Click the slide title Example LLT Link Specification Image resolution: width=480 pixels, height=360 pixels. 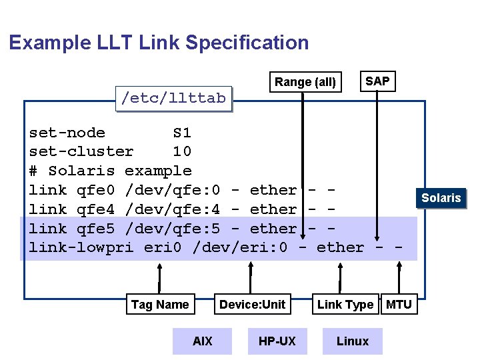pyautogui.click(x=159, y=43)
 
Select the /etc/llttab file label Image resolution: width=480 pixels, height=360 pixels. pyautogui.click(x=173, y=99)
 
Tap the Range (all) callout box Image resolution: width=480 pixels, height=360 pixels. pyautogui.click(x=305, y=82)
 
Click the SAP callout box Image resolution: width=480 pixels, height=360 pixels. pyautogui.click(x=377, y=81)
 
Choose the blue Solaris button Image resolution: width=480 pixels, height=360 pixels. pyautogui.click(x=441, y=198)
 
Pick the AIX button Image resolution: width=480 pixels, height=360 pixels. pyautogui.click(x=202, y=341)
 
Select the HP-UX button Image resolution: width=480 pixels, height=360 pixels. pyautogui.click(x=277, y=341)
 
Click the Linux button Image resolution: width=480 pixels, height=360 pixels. pyautogui.click(x=352, y=341)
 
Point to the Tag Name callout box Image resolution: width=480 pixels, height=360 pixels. pyautogui.click(x=160, y=305)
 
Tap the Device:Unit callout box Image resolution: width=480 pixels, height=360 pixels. pyautogui.click(x=252, y=305)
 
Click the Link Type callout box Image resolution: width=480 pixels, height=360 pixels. pyautogui.click(x=345, y=305)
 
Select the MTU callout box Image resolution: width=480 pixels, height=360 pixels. pyautogui.click(x=399, y=305)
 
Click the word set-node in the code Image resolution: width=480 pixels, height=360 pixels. pyautogui.click(x=67, y=133)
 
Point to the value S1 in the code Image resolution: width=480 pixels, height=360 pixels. pyautogui.click(x=182, y=133)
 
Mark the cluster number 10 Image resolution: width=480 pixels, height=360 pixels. pyautogui.click(x=182, y=151)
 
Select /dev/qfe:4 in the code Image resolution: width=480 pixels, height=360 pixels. pyautogui.click(x=173, y=209)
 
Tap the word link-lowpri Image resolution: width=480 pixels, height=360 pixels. pyautogui.click(x=81, y=247)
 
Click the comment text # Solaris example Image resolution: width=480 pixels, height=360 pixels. pyautogui.click(x=110, y=171)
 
